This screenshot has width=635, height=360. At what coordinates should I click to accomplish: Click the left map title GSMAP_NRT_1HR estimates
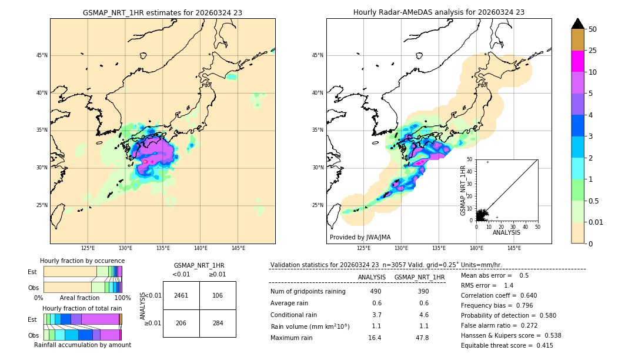[162, 12]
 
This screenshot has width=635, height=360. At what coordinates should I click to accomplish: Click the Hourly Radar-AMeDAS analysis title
[439, 12]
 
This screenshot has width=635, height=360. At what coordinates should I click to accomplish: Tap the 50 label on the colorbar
[593, 29]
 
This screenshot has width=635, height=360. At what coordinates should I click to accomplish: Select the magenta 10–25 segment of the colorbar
[578, 61]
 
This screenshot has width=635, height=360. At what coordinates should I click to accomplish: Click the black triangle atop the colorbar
[578, 24]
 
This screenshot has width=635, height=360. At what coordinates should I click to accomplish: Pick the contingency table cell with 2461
[181, 295]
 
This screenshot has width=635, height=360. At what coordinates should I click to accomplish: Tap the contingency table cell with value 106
[218, 295]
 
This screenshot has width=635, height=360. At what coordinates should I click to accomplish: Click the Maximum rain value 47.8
[422, 338]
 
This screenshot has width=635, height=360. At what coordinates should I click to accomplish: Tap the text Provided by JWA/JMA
[360, 238]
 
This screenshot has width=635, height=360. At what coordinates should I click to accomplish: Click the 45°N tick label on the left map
[42, 55]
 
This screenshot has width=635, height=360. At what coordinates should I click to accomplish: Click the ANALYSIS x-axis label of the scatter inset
[506, 232]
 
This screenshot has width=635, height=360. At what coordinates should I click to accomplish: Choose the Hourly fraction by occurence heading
[82, 261]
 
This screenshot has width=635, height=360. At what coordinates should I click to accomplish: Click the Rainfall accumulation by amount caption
[82, 345]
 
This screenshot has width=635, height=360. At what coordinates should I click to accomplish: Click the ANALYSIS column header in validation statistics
[372, 277]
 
